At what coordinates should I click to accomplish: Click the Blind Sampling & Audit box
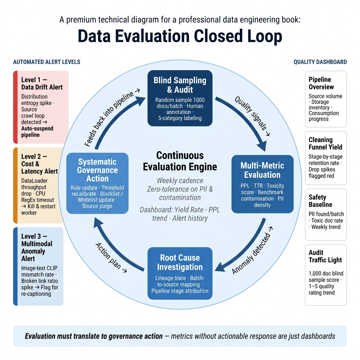point(180,98)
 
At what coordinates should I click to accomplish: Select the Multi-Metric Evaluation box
point(262,184)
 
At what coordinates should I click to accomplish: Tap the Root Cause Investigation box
point(180,273)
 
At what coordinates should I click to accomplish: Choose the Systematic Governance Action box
point(97,183)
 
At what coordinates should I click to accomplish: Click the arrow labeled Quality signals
point(247,117)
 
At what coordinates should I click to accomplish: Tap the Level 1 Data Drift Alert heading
point(42,83)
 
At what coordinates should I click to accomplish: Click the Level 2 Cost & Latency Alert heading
point(39,164)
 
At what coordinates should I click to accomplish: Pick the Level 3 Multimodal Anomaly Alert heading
point(37,247)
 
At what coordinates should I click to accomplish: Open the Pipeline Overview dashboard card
point(326,99)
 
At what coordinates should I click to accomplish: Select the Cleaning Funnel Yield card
point(326,158)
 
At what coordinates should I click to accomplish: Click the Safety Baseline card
point(326,214)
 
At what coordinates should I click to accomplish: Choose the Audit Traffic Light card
point(326,275)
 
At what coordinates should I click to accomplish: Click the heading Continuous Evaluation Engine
point(180,161)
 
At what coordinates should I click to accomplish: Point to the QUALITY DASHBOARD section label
point(320,62)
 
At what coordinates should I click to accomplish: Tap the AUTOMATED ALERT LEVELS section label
point(47,62)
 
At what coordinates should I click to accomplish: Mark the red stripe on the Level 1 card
point(15,107)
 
